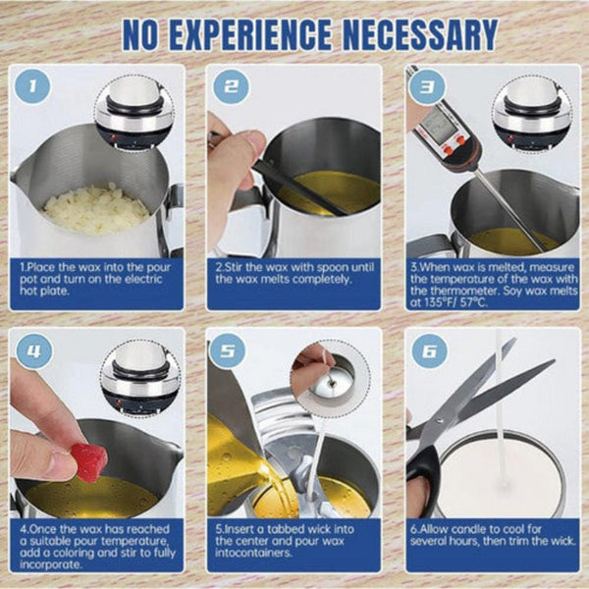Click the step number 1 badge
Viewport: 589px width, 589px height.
[x=36, y=86]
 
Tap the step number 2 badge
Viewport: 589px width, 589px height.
[x=231, y=86]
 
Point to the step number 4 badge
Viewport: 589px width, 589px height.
[x=35, y=350]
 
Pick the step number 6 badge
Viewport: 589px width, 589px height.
[x=428, y=350]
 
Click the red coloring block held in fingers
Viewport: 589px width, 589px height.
[x=88, y=461]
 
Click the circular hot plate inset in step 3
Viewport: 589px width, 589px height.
[x=531, y=115]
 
